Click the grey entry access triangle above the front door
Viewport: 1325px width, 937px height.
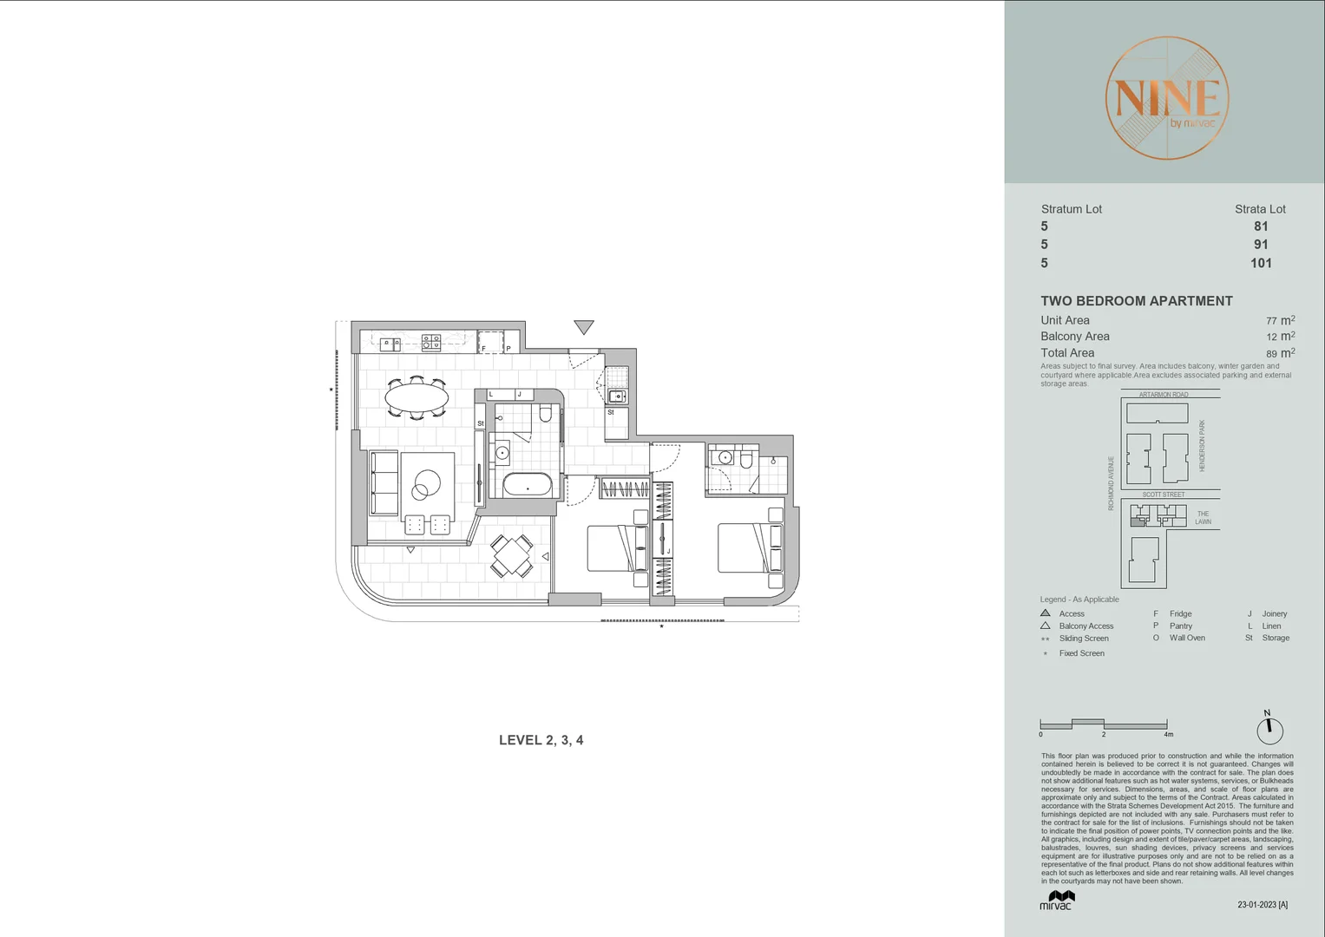[x=584, y=327]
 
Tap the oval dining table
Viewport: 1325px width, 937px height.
[x=417, y=398]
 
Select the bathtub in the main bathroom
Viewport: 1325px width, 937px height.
[x=527, y=485]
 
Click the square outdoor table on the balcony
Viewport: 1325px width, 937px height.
[x=511, y=555]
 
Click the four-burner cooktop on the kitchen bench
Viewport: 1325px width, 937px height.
[x=431, y=342]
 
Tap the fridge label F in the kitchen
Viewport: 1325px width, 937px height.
[x=483, y=348]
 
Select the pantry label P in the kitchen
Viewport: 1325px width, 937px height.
[x=508, y=348]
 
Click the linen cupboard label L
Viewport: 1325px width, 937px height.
[x=491, y=395]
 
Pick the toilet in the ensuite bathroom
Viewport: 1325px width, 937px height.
[x=745, y=457]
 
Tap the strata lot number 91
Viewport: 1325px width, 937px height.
[x=1261, y=245]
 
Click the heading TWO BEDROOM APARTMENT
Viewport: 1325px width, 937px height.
[x=1137, y=301]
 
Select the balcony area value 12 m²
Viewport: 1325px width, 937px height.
[x=1280, y=337]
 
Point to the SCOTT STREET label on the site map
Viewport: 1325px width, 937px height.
[x=1163, y=495]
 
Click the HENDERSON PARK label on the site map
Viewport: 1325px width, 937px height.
[x=1202, y=446]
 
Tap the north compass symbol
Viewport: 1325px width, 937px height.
[x=1269, y=730]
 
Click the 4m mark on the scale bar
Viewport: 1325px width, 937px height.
[x=1168, y=734]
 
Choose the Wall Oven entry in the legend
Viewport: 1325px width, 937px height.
[x=1186, y=638]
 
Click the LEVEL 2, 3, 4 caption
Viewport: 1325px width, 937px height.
[x=541, y=740]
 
